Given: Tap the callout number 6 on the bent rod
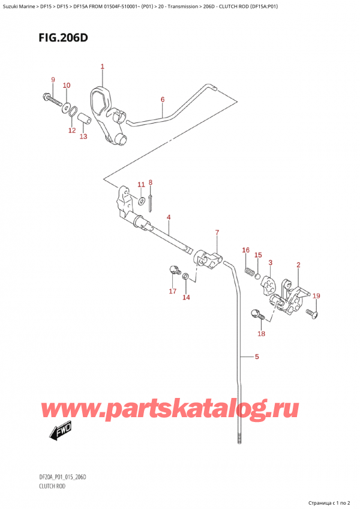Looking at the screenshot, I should tap(162, 100).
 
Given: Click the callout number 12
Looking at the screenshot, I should tap(71, 130).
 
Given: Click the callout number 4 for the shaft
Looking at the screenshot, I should tap(169, 217).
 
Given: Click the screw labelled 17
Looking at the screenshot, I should tap(175, 271).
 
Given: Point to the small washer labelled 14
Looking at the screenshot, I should tap(185, 276).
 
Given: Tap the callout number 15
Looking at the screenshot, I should tap(258, 255).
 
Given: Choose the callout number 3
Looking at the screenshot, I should tap(271, 262).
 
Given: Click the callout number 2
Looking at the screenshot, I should tap(298, 265).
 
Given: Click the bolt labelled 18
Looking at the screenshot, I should tap(256, 314).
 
